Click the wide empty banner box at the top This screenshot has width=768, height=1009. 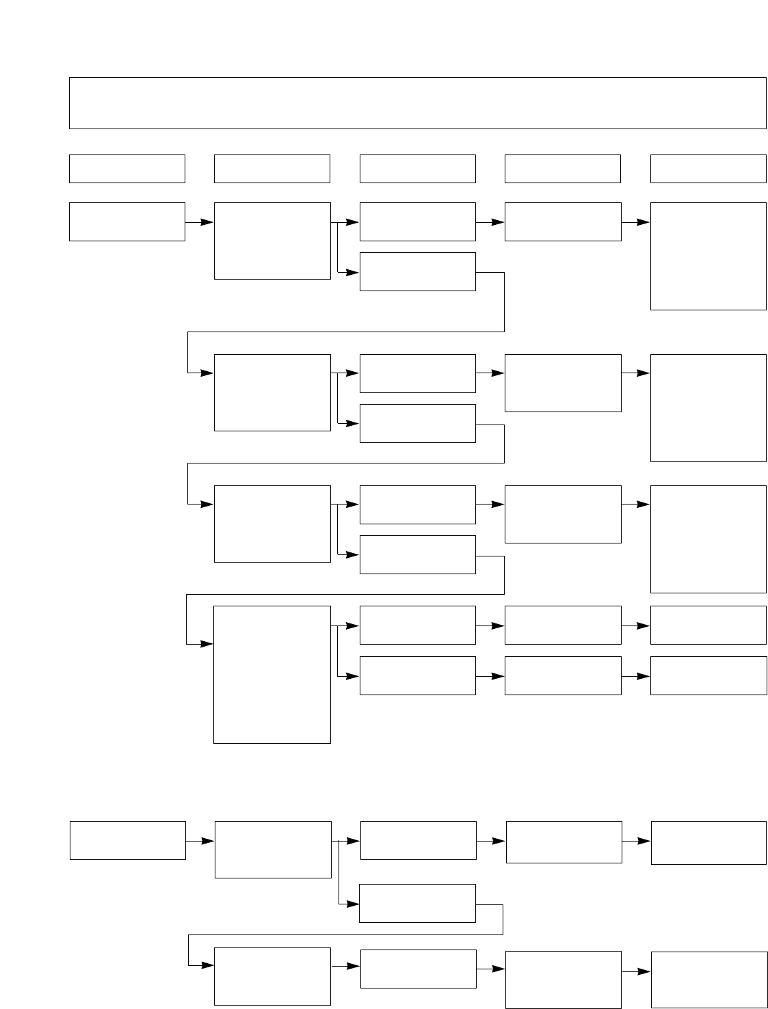[x=417, y=103]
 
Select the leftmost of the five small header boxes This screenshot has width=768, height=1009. [x=127, y=169]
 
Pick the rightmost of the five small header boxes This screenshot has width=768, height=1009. [x=708, y=169]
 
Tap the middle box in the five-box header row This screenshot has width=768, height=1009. [x=417, y=169]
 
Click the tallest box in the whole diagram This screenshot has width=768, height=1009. [x=272, y=674]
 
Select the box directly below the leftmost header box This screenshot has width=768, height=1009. [x=127, y=221]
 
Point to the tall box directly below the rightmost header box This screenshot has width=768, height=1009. [x=708, y=256]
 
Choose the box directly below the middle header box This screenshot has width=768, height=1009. [x=417, y=221]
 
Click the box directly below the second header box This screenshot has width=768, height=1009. [x=272, y=241]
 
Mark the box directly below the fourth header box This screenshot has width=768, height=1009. [x=563, y=221]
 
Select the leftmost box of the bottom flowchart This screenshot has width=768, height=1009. [x=128, y=840]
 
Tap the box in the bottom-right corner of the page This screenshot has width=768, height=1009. [x=709, y=980]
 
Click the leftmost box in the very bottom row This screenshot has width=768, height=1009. [x=272, y=976]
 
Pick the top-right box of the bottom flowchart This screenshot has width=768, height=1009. [x=709, y=843]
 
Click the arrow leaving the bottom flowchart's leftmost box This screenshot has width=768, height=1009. [x=200, y=841]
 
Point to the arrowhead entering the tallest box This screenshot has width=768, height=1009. [x=207, y=644]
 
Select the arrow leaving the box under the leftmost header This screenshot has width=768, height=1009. [x=199, y=222]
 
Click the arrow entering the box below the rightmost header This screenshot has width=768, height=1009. [x=635, y=222]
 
